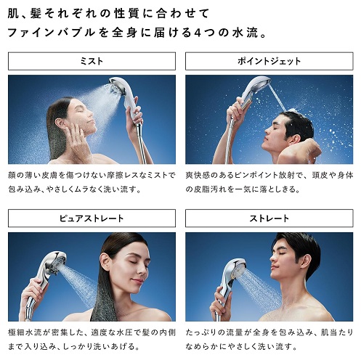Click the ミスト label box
click(92, 61)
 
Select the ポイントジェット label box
click(269, 61)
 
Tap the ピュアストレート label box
click(92, 218)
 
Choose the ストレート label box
click(269, 218)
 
